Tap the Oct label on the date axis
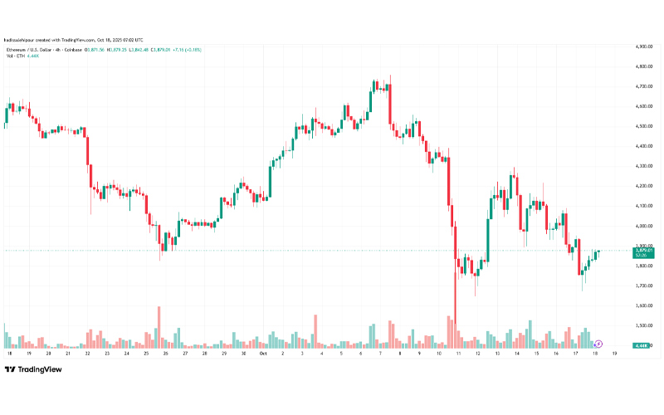coord(262,354)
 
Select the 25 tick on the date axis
coord(145,354)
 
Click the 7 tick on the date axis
coord(379,354)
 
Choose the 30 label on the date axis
coord(242,354)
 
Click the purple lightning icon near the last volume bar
coord(599,343)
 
